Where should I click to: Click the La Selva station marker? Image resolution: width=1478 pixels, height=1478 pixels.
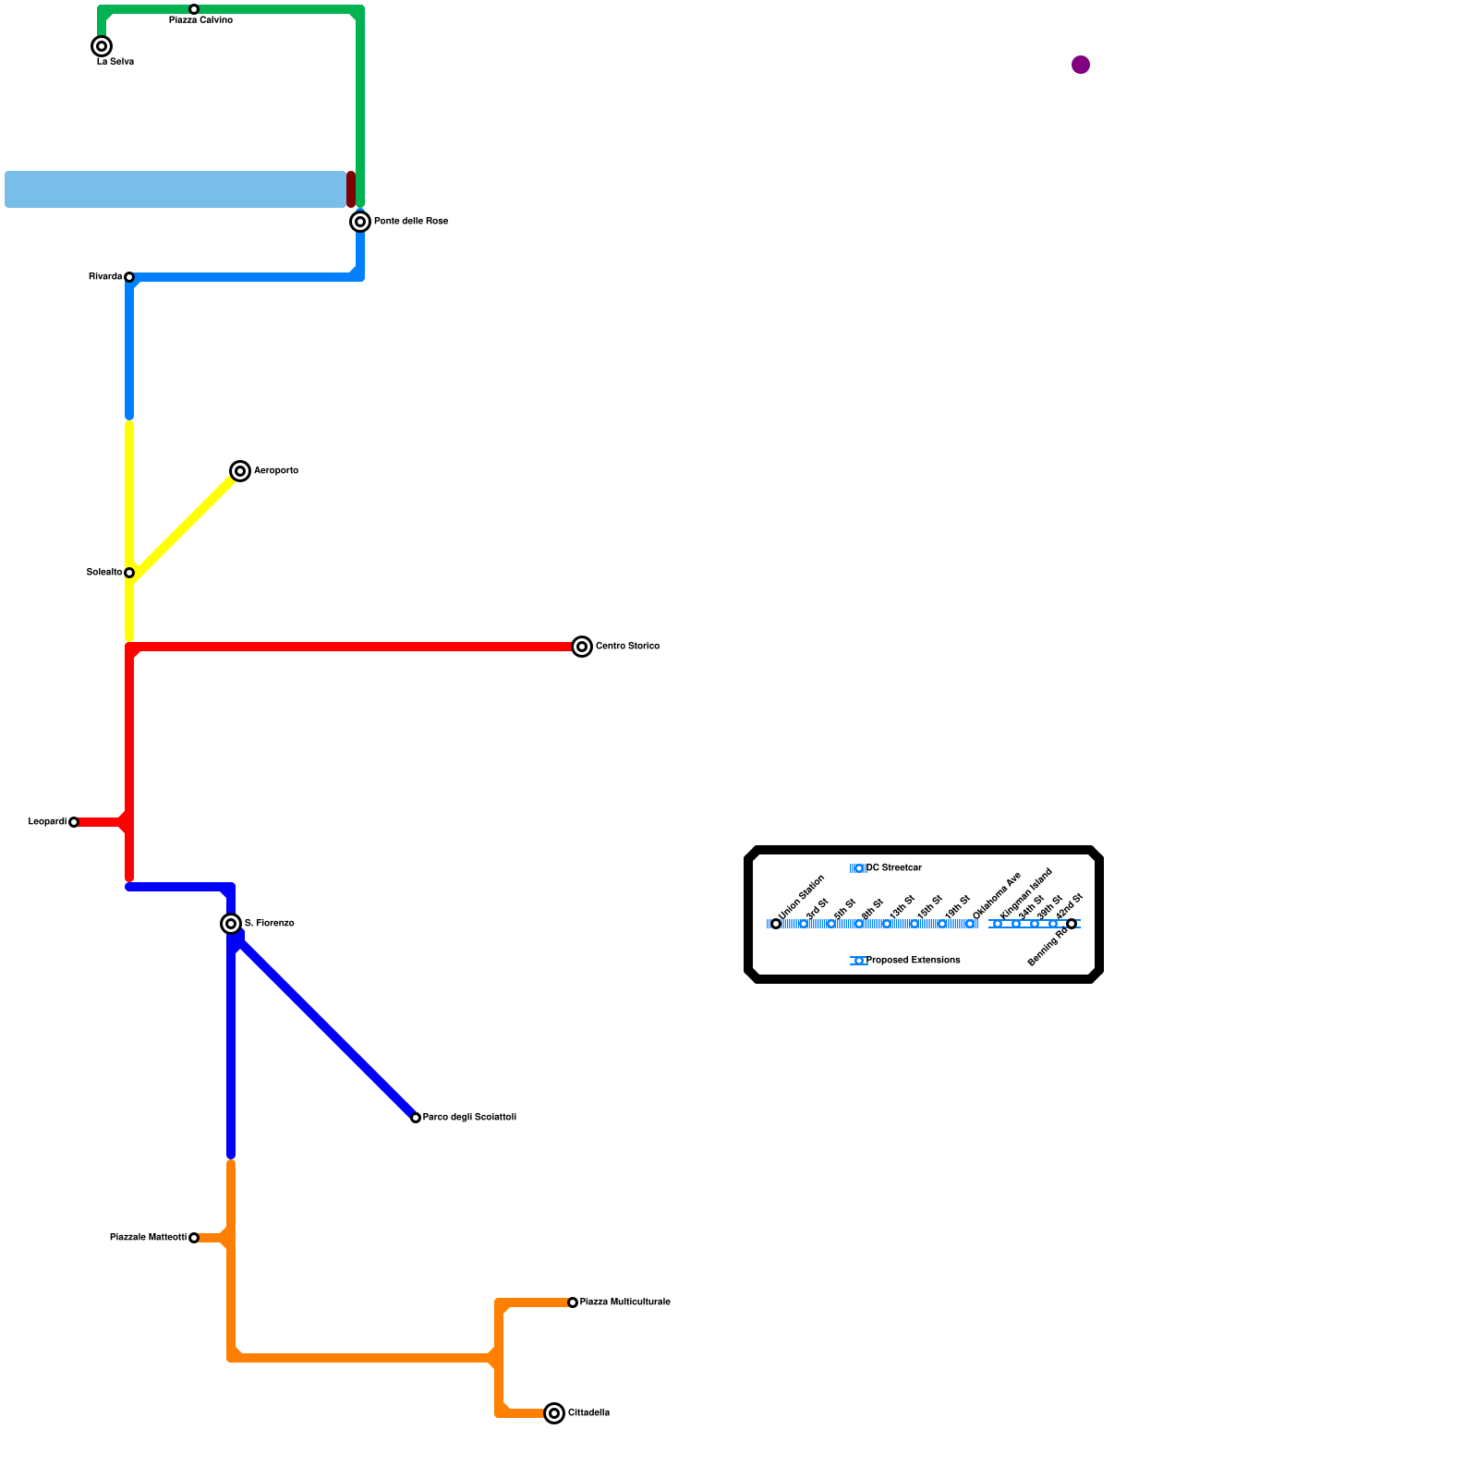tap(102, 46)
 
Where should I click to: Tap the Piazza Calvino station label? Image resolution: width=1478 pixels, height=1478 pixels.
tap(200, 20)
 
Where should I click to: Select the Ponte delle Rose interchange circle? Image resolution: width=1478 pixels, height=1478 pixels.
tap(360, 222)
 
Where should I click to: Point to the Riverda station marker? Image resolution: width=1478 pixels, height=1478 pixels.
tap(129, 277)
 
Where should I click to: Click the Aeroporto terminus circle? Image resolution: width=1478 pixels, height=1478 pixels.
tap(240, 471)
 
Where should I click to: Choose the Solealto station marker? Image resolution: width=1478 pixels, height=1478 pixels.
tap(129, 573)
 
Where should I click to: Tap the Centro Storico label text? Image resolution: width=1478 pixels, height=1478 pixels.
tap(627, 647)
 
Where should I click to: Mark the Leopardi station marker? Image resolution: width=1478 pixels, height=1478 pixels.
tap(74, 822)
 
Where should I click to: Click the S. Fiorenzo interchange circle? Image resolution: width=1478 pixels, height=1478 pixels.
tap(231, 924)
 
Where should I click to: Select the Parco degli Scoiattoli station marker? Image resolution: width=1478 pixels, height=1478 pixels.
tap(416, 1118)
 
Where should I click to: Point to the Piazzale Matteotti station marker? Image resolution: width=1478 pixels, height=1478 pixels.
tap(194, 1238)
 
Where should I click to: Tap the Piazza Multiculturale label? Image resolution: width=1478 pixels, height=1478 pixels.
tap(624, 1302)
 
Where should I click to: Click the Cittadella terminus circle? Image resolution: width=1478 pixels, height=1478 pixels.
tap(554, 1413)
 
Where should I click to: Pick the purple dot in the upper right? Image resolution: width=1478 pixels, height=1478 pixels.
tap(1081, 65)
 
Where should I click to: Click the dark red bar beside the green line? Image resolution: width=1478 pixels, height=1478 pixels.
tap(351, 189)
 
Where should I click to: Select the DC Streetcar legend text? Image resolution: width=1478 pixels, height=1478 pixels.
tap(893, 868)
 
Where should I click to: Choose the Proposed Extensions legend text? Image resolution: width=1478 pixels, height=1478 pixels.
tap(913, 961)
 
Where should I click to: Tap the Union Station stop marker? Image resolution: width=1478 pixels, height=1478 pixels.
tap(776, 924)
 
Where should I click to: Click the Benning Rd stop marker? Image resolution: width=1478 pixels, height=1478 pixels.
tap(1072, 924)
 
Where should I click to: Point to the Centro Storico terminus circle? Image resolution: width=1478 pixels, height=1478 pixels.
tap(582, 647)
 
